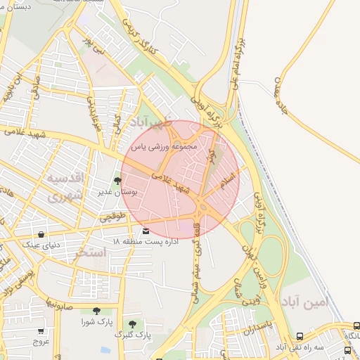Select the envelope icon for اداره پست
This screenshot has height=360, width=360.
[x=146, y=231]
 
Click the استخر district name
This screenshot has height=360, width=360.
[x=89, y=252]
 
